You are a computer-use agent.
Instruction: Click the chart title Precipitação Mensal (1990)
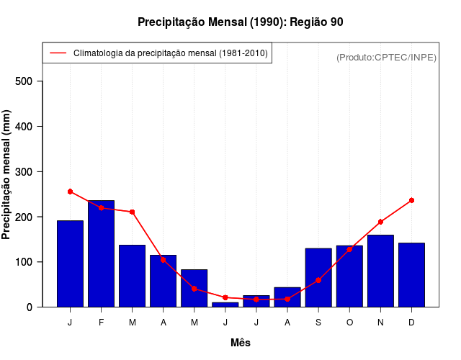(x=240, y=22)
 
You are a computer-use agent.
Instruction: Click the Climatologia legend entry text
(x=171, y=53)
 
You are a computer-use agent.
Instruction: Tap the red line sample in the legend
(x=58, y=53)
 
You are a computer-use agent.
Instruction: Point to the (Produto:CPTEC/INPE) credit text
(x=386, y=57)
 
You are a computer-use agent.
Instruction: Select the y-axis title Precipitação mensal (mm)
(x=6, y=174)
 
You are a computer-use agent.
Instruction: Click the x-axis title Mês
(x=241, y=343)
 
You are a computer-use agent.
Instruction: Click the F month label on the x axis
(x=101, y=323)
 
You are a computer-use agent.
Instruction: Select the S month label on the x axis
(x=318, y=323)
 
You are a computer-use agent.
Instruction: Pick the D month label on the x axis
(x=411, y=323)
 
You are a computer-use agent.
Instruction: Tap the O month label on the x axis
(x=349, y=323)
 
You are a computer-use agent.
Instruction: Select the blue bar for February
(x=101, y=253)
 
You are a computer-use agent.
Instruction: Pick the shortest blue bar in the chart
(x=225, y=304)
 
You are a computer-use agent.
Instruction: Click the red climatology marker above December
(x=411, y=200)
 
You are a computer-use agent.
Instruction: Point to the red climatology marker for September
(x=318, y=280)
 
